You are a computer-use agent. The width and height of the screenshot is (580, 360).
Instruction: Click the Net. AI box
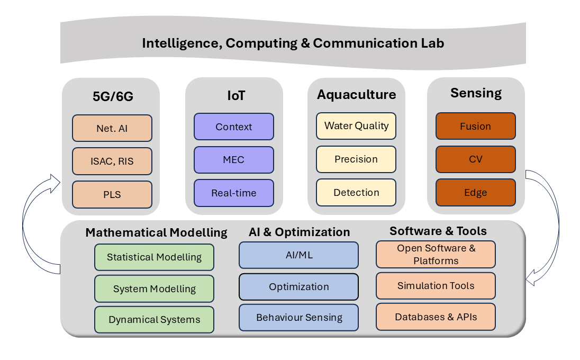coord(112,128)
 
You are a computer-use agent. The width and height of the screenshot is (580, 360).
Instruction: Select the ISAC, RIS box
coord(112,161)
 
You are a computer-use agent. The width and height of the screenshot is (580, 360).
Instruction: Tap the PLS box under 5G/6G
coord(112,194)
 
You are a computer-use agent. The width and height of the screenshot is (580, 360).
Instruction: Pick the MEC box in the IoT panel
coord(234,160)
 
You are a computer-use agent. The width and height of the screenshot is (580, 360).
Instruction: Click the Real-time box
coord(234,193)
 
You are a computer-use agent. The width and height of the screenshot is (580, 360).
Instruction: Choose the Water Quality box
coord(356,126)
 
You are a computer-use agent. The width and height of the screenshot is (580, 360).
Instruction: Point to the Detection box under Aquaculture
coord(356,192)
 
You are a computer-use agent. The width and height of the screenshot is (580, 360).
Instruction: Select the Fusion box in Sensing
coord(475,126)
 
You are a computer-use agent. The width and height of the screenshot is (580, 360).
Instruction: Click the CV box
coord(475,159)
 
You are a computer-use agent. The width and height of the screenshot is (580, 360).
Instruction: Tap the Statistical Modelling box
coord(154,257)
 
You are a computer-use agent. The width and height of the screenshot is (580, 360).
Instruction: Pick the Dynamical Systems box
coord(154,320)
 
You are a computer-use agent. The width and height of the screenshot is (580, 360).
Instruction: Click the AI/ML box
coord(298,255)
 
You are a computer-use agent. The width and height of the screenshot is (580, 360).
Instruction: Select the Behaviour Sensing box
coord(298,318)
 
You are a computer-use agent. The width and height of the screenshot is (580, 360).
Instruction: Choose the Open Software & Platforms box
coord(436,255)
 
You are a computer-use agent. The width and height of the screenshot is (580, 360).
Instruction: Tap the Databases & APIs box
coord(436,317)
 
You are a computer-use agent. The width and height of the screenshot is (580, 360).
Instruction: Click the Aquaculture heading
coord(356,95)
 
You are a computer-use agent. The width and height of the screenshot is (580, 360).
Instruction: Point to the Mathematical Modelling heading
coord(156,232)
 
